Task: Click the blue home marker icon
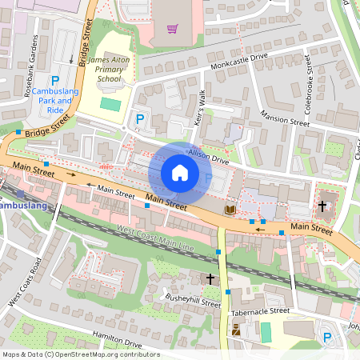180,173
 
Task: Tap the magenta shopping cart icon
172,30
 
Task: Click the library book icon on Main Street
230,210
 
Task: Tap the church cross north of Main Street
322,206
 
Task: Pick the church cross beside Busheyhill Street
210,278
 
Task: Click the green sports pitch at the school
110,104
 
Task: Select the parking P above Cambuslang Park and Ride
55,81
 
